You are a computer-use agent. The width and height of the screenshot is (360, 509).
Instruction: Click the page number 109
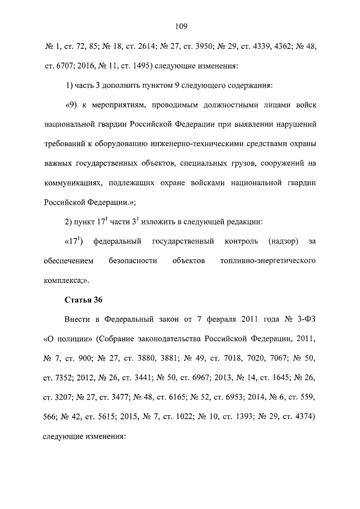point(181,26)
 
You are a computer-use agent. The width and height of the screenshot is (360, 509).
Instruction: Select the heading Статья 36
point(80,299)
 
